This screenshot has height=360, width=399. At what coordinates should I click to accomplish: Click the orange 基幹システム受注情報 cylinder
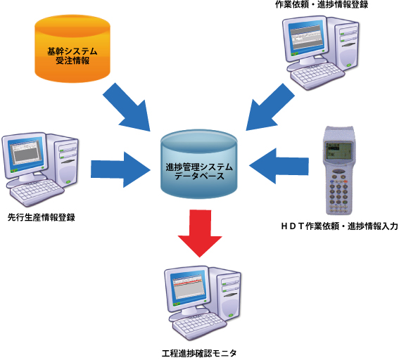(x=72, y=49)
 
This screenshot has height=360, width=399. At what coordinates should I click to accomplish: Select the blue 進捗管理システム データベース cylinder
(x=198, y=164)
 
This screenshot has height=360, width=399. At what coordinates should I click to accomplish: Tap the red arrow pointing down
(x=200, y=233)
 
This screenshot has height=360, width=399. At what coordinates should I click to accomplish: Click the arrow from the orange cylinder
(x=127, y=108)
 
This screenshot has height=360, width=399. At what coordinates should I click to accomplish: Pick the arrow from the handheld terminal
(x=279, y=166)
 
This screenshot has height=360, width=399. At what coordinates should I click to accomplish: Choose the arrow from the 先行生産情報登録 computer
(x=120, y=169)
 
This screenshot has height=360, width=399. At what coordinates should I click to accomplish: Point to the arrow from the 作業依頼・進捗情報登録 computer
(x=270, y=108)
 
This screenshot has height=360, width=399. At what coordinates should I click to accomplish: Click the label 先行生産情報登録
(x=42, y=218)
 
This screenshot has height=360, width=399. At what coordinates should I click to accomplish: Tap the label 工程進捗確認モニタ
(x=199, y=353)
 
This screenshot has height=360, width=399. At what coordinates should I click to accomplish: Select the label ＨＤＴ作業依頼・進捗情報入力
(x=339, y=226)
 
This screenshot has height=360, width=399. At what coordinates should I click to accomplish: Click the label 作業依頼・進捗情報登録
(x=322, y=5)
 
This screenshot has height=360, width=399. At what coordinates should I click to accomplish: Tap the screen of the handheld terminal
(x=339, y=150)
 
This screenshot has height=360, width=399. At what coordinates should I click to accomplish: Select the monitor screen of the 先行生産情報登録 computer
(x=25, y=154)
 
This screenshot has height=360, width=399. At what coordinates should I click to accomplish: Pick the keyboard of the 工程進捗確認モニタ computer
(x=198, y=323)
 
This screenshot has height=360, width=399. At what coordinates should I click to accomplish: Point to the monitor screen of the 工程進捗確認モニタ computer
(x=188, y=288)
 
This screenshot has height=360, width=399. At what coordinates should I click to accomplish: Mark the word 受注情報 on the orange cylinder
(x=72, y=60)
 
